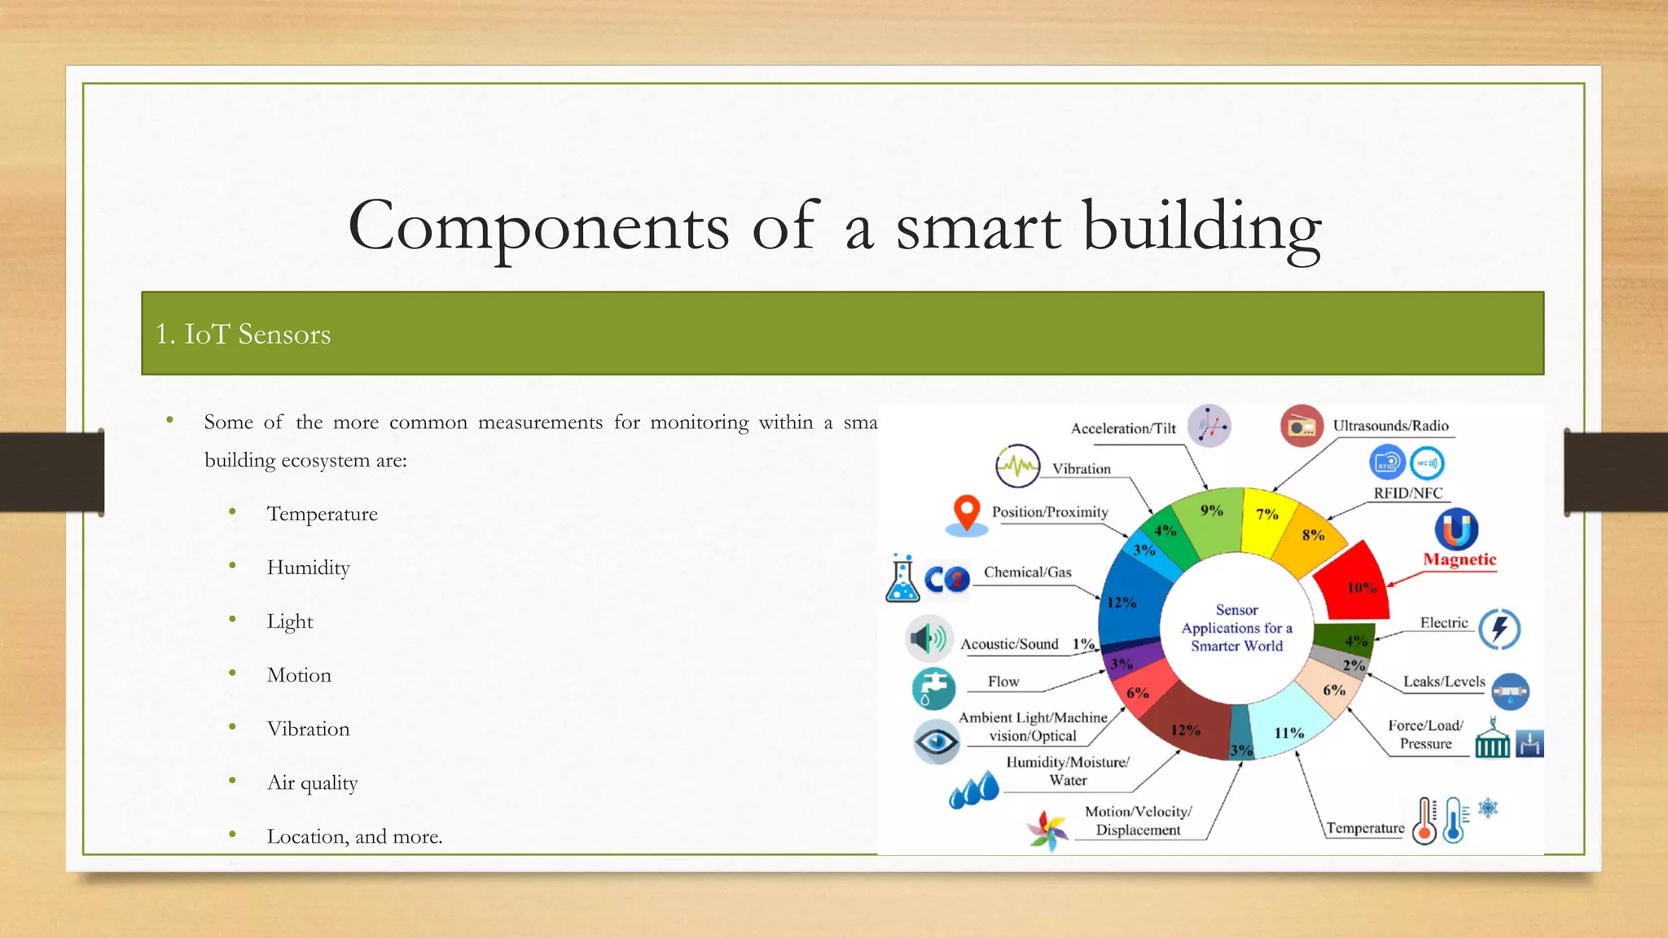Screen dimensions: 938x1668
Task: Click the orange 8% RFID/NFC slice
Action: [x=1311, y=539]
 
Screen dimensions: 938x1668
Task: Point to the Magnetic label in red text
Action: [x=1459, y=559]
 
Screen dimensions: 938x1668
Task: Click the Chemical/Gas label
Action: [x=1027, y=572]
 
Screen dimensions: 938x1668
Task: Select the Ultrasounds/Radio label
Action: [x=1390, y=426]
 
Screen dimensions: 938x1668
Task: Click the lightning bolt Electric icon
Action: [x=1499, y=629]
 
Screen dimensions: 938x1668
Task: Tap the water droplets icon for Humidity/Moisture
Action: [x=974, y=791]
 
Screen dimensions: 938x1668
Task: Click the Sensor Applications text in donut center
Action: [x=1236, y=628]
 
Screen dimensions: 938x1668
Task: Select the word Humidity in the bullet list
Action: [x=308, y=568]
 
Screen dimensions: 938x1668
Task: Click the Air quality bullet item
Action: [x=312, y=782]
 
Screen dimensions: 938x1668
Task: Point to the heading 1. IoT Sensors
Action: [x=243, y=334]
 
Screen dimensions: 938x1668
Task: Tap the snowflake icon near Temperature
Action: [x=1488, y=809]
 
